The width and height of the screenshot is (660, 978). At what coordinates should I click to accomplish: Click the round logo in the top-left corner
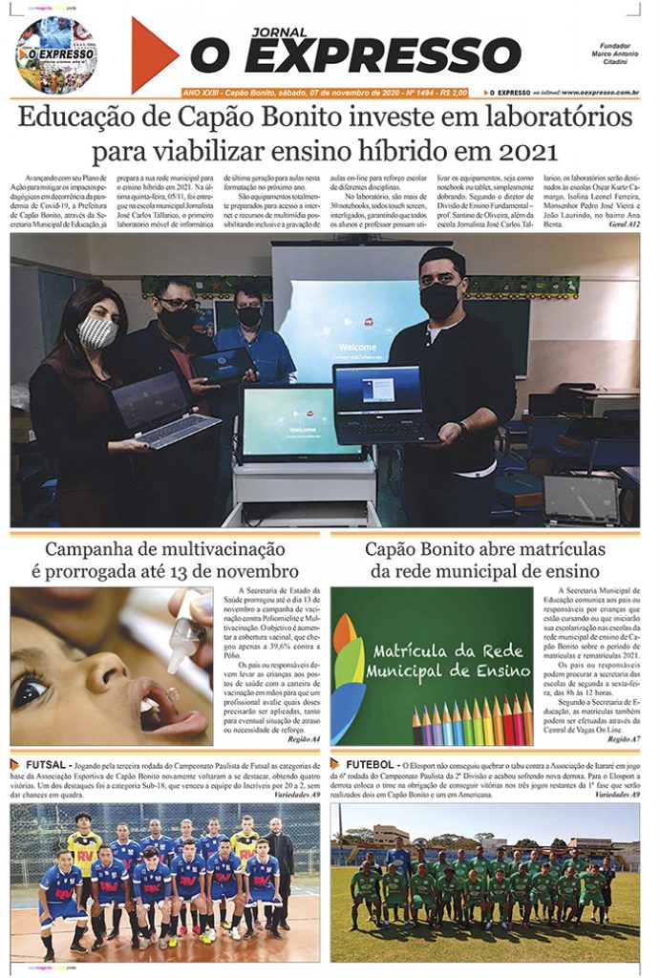click(54, 53)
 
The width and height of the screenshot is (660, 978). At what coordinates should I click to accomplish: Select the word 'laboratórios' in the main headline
click(543, 117)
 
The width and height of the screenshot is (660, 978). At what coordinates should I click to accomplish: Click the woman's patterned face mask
click(96, 332)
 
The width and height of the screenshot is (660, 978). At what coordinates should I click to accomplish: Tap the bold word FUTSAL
click(46, 765)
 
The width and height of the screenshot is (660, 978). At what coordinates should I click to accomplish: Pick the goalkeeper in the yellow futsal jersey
click(84, 853)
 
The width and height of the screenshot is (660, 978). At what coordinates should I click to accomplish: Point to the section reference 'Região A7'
click(623, 739)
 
